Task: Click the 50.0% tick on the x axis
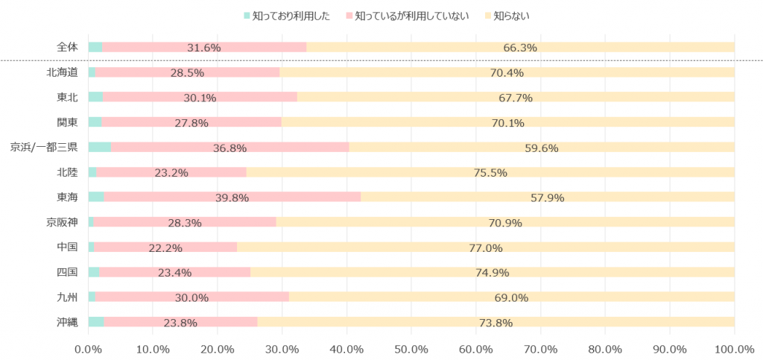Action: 411,348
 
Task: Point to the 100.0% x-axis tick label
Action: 734,348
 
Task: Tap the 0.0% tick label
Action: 89,348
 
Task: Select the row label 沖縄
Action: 66,322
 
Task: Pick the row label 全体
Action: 66,48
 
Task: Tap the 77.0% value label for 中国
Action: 485,247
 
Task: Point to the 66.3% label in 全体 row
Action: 520,48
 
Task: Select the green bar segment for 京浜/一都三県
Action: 100,148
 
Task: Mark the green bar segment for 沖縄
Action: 96,322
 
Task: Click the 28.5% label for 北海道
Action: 187,72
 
